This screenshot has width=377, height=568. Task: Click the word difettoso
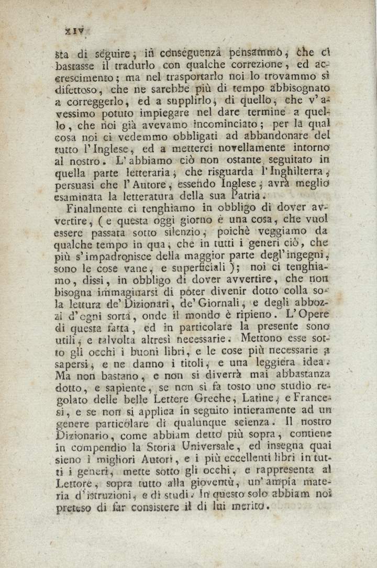78,90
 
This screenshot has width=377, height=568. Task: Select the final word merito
250,506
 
